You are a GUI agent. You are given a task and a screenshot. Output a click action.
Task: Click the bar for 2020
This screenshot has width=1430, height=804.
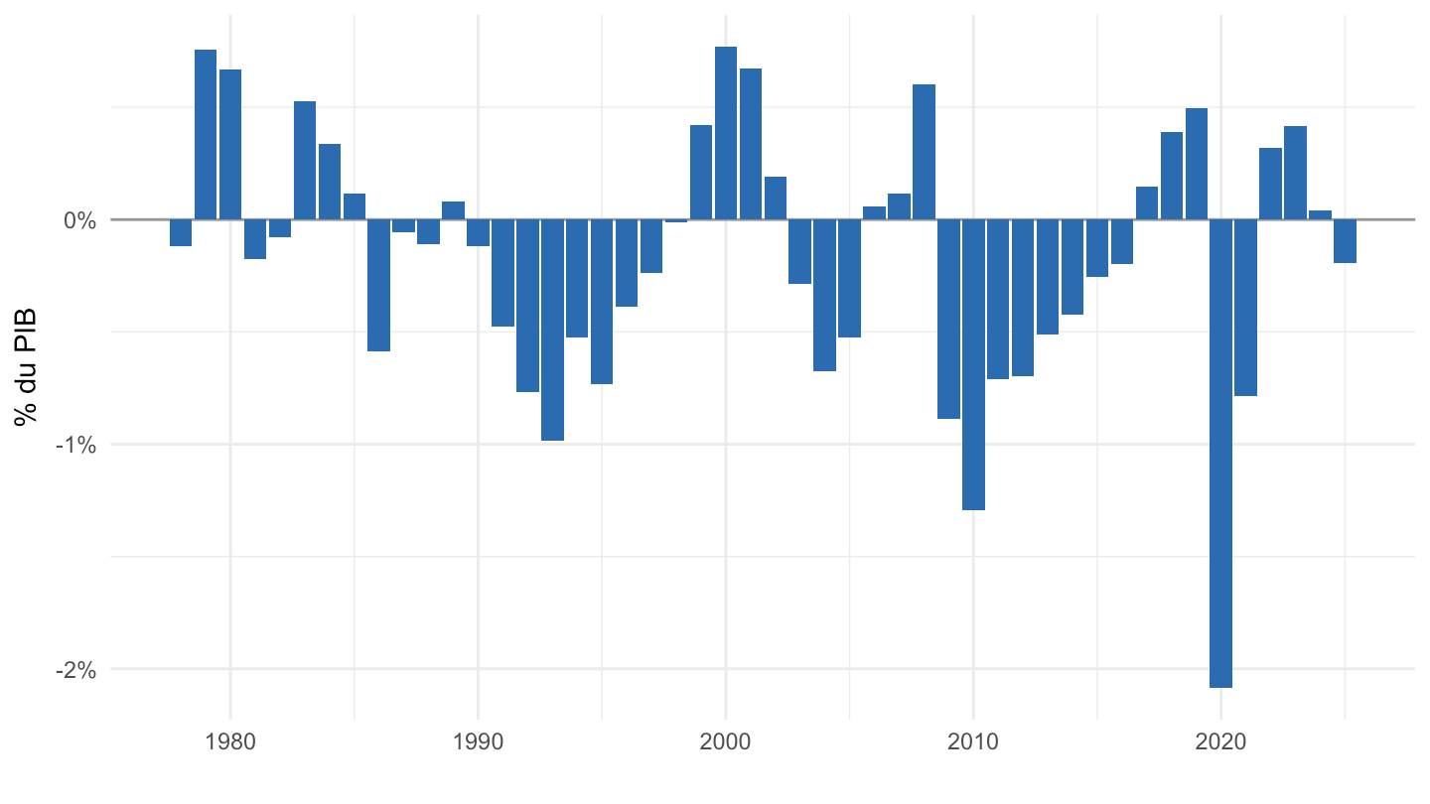(1220, 454)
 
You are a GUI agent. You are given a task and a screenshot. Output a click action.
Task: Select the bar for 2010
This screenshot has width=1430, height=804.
(973, 364)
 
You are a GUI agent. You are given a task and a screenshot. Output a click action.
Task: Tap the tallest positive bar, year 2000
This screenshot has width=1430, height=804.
(726, 133)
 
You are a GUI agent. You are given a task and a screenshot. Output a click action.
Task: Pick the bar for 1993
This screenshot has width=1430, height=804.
(552, 330)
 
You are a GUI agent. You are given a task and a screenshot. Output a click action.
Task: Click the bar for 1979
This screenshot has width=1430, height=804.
(206, 135)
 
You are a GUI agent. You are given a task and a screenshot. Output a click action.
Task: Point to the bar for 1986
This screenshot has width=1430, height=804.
(378, 285)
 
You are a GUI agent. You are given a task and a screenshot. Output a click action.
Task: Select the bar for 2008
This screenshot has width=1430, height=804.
(924, 152)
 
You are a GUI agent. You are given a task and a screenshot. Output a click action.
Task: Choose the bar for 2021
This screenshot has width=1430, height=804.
(1245, 308)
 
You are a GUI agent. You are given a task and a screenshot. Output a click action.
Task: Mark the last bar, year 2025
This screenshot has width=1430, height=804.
(1345, 241)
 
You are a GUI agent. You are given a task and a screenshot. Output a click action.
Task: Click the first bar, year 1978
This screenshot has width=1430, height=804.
(181, 232)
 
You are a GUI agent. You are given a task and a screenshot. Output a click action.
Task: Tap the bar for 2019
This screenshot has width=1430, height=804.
(1197, 164)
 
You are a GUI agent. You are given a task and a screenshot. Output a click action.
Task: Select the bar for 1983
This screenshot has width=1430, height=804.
(305, 160)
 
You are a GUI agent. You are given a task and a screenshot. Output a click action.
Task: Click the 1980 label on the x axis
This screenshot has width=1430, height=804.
(230, 742)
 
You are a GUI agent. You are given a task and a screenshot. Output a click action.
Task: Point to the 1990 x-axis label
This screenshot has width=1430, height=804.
(479, 742)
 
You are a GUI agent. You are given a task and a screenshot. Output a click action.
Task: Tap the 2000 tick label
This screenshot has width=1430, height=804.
(725, 742)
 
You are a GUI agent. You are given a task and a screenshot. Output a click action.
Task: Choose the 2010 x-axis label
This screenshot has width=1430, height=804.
(973, 742)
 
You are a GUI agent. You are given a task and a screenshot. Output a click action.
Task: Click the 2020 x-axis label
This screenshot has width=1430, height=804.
(1220, 742)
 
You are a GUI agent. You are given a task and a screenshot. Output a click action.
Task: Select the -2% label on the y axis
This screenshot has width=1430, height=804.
(75, 670)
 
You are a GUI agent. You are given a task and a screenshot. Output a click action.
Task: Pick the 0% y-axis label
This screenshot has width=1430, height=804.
(79, 220)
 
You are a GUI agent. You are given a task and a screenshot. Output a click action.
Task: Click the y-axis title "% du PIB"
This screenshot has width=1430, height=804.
(26, 367)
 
